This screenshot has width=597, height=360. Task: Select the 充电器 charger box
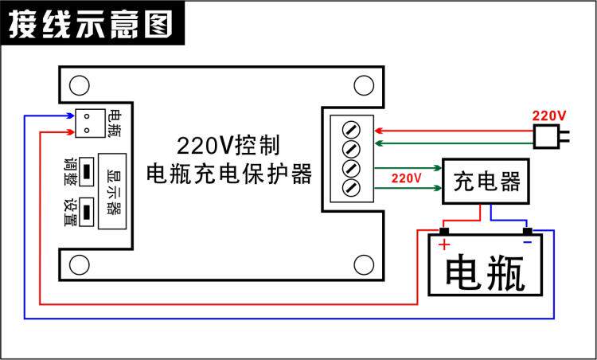(486, 182)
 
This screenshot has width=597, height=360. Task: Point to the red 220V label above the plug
(549, 115)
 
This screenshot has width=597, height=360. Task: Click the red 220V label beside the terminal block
(406, 178)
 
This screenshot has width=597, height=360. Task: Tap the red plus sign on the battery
(444, 245)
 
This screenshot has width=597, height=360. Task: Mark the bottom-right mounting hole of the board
(364, 263)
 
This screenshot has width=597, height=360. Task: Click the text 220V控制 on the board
(228, 146)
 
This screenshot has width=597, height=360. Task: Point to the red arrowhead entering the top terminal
(380, 129)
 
